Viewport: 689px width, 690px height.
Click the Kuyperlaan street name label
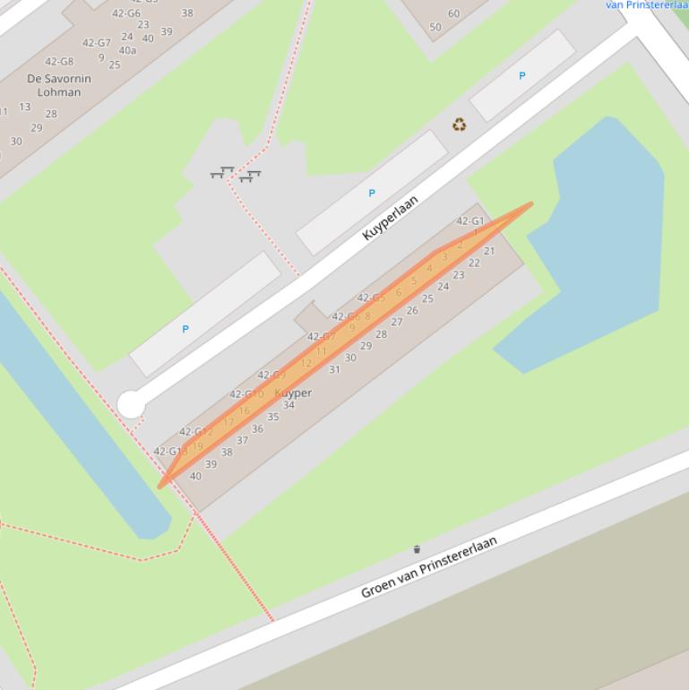click(x=391, y=218)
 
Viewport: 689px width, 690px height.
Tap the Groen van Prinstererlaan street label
click(x=428, y=567)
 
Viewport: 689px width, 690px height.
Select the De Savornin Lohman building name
click(x=60, y=85)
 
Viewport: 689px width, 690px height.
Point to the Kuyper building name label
click(x=293, y=393)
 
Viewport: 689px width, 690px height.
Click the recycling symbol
click(x=459, y=125)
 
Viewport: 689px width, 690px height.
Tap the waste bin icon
click(x=417, y=549)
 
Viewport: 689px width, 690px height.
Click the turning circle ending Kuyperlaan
click(x=131, y=406)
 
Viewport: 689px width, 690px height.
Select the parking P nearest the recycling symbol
click(x=522, y=76)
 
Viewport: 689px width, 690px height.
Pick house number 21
click(x=489, y=251)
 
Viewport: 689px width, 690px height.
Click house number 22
click(x=474, y=263)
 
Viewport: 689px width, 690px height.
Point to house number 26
click(x=412, y=311)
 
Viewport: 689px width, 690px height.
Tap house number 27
click(x=397, y=323)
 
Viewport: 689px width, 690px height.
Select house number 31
click(x=334, y=369)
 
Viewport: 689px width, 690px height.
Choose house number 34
click(x=289, y=405)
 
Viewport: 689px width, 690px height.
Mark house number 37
click(x=242, y=440)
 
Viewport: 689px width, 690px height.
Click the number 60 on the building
click(x=453, y=13)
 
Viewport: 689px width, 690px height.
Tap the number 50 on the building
click(x=435, y=27)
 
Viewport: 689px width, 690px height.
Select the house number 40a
click(x=127, y=50)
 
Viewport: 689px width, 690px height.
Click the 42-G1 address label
click(x=469, y=220)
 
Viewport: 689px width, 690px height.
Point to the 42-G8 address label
click(x=59, y=61)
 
